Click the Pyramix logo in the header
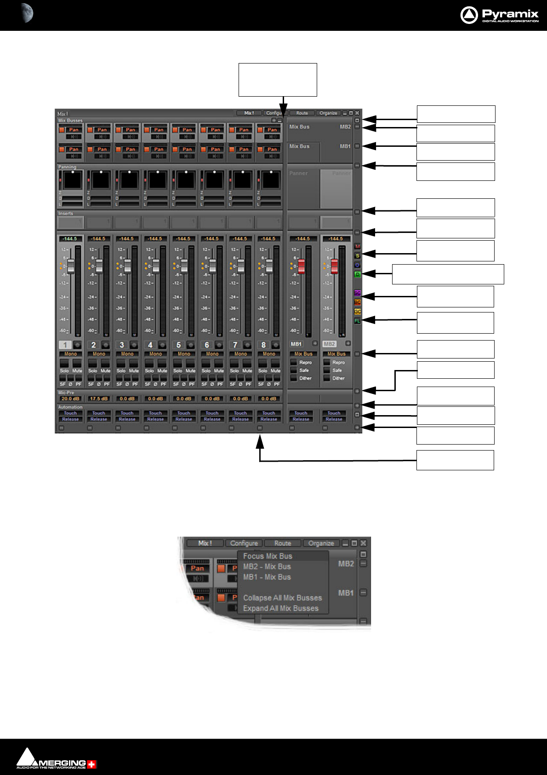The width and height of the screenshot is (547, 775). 499,15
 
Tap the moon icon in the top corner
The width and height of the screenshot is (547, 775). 27,13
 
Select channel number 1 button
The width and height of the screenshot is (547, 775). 65,345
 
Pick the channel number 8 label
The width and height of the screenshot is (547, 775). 263,345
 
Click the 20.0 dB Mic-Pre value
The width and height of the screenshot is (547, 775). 70,399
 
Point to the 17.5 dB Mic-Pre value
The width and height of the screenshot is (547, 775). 98,399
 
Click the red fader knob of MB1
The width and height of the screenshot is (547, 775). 301,266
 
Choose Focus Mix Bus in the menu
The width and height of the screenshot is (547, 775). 268,556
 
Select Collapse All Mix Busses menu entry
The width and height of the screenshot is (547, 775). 282,598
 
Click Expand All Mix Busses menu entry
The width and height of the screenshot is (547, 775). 280,608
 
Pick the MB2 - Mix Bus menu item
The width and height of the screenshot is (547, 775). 267,567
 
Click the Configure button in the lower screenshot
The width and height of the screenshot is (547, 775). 244,543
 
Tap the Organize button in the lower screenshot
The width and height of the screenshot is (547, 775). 321,543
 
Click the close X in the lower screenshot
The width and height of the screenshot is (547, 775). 364,543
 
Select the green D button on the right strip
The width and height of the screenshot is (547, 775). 358,274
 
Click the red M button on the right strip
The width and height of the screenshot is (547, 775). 358,247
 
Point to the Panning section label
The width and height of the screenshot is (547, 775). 67,167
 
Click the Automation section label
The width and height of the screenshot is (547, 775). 70,407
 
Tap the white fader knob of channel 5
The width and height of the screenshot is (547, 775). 184,266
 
